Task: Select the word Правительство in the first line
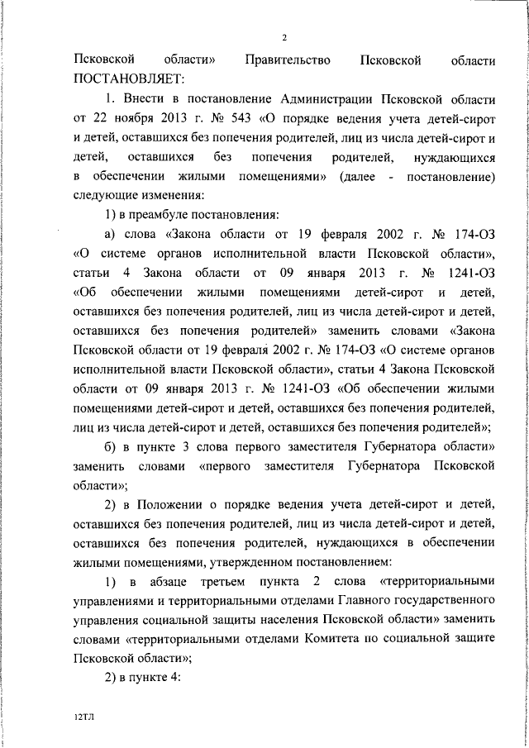click(288, 60)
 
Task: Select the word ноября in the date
click(137, 117)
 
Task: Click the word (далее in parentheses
click(356, 177)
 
